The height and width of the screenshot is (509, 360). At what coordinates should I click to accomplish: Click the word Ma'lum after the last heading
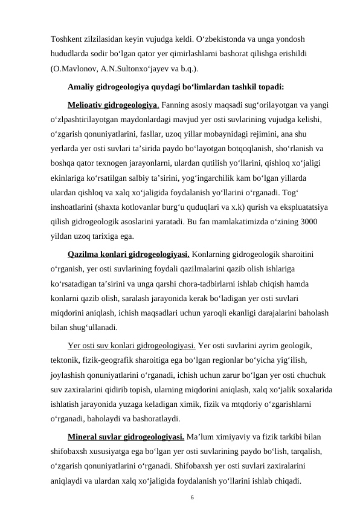[202, 436]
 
